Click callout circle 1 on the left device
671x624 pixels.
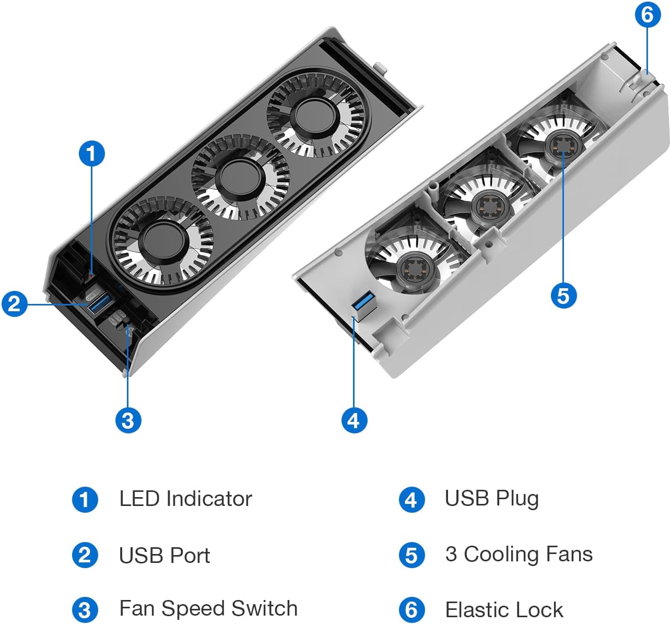91,154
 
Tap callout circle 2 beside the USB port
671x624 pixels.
15,303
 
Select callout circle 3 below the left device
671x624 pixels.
128,420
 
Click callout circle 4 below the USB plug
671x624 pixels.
354,420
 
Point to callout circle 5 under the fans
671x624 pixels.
563,295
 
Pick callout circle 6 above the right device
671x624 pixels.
648,14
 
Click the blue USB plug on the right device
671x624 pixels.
362,304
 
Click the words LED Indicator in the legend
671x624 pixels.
185,499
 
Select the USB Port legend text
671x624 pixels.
164,556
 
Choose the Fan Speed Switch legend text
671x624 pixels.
208,608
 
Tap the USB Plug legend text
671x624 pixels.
491,498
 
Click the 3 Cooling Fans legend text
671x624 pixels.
519,554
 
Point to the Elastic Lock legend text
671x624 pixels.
504,609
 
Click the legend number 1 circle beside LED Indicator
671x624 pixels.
85,499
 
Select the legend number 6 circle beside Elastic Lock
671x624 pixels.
411,610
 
